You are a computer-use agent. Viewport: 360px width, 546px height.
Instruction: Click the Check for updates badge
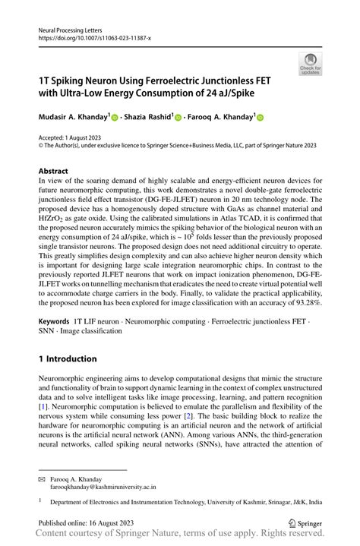tap(310, 65)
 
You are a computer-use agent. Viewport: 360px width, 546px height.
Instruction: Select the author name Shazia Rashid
tap(147, 118)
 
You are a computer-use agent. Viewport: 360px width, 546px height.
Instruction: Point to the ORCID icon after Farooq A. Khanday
tap(260, 118)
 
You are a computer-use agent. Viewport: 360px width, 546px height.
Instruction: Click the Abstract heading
tap(58, 172)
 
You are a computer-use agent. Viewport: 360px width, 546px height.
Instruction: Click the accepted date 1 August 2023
tap(86, 138)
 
